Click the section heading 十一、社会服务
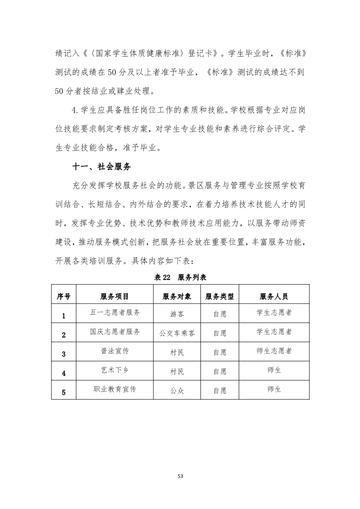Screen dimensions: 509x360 coord(102,167)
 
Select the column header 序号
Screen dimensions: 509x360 coord(64,297)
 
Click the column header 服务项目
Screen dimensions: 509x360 coord(115,297)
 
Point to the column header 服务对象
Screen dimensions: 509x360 coord(177,297)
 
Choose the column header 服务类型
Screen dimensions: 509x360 coord(220,297)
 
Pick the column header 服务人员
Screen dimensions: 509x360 coord(274,297)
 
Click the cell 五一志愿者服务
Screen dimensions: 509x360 coord(115,312)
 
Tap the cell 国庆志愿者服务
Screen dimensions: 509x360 coord(115,331)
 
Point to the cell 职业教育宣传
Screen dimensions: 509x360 coord(115,389)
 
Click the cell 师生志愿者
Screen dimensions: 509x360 coord(274,351)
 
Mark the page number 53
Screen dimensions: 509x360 coord(180,476)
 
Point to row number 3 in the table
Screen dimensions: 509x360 coord(64,354)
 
